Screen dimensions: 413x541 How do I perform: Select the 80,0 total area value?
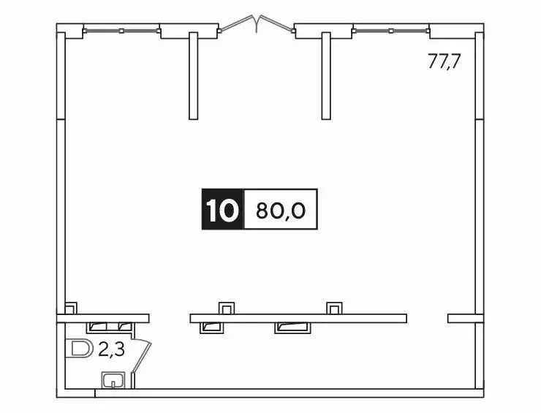coord(280,211)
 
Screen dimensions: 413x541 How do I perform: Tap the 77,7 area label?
coord(444,61)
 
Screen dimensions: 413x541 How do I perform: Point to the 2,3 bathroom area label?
coord(111,349)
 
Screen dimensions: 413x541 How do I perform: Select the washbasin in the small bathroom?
coord(113,379)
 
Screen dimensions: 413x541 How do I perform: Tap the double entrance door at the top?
coord(257,26)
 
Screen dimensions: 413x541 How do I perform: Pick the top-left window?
coord(122,31)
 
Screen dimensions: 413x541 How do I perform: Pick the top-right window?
coord(391,31)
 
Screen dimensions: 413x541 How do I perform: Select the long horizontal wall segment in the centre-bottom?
coord(298,318)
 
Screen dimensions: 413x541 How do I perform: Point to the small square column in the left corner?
coord(71,308)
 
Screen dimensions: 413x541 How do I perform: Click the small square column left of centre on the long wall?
coord(227,308)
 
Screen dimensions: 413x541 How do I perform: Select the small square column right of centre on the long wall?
coord(334,308)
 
